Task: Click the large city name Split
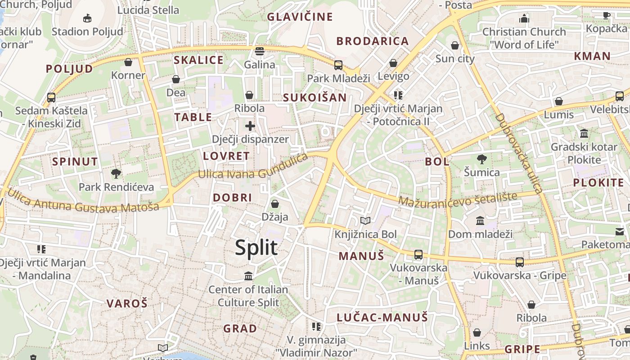click(x=256, y=247)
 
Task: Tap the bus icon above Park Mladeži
click(x=338, y=65)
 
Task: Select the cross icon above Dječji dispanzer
click(x=250, y=126)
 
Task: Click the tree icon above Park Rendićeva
click(x=116, y=174)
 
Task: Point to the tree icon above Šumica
click(x=482, y=159)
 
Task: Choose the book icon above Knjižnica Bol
click(x=365, y=221)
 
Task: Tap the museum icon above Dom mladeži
click(x=480, y=221)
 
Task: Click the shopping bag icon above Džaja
click(x=274, y=204)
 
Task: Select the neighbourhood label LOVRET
click(x=226, y=156)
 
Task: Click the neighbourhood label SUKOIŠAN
click(x=315, y=98)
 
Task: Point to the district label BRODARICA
click(x=373, y=41)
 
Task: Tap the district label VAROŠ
click(x=127, y=303)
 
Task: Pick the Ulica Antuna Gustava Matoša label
click(x=83, y=201)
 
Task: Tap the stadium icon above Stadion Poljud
click(x=87, y=18)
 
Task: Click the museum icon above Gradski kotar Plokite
click(x=584, y=134)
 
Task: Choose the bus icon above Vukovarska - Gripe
click(x=520, y=262)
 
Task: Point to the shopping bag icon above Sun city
click(x=455, y=45)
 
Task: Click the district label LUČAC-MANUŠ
click(x=382, y=317)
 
